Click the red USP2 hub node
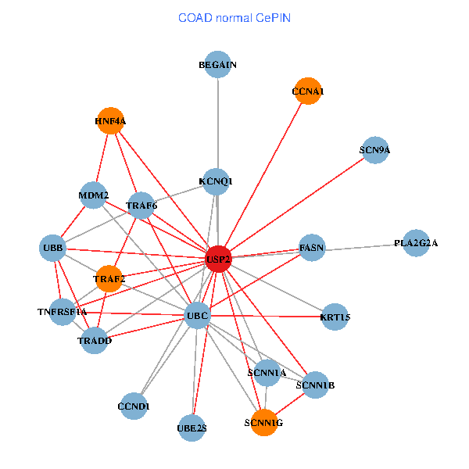click(218, 259)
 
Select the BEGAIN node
click(218, 65)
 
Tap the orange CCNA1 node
click(308, 91)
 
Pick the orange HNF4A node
click(110, 121)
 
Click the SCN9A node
click(375, 149)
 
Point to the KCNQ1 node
click(217, 181)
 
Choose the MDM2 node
click(94, 195)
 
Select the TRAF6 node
click(141, 206)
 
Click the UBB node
click(53, 249)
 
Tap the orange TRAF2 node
click(109, 278)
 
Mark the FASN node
click(312, 248)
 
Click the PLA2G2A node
click(416, 244)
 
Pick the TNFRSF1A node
click(63, 311)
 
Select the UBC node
click(197, 316)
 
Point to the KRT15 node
click(335, 317)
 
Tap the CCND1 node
click(134, 406)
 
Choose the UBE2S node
click(192, 428)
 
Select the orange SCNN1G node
click(263, 422)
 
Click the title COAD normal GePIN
click(234, 17)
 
